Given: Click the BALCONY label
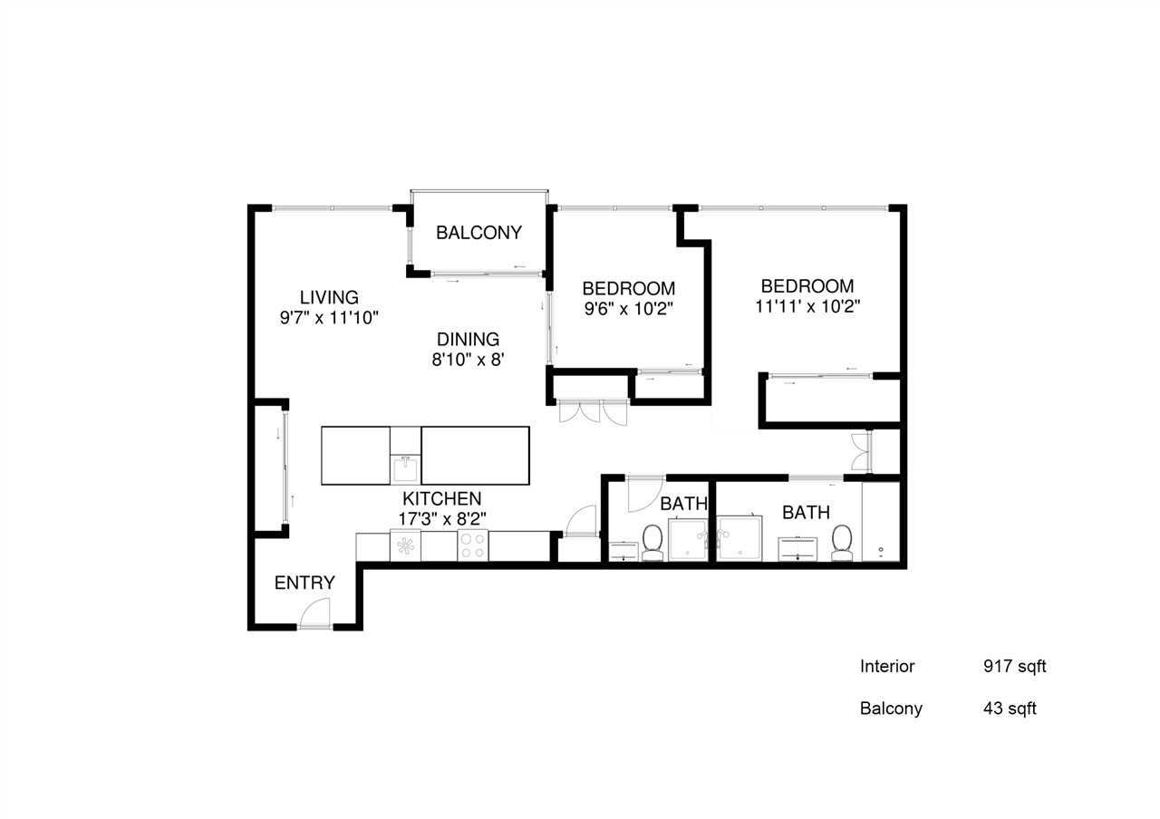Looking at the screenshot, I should [x=478, y=233].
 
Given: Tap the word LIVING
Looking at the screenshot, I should [x=329, y=297].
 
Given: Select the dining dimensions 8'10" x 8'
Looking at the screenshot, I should [x=468, y=359].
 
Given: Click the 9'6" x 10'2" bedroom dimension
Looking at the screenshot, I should [x=628, y=308].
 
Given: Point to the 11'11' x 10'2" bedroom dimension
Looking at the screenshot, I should [x=807, y=305].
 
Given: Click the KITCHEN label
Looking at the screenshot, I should [x=442, y=498].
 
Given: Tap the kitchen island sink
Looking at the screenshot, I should [x=405, y=469].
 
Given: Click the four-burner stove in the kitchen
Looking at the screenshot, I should [x=472, y=545].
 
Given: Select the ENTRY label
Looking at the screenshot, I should [x=304, y=583].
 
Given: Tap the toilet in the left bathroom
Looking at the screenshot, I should [x=652, y=543].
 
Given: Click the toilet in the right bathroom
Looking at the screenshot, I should [x=842, y=542].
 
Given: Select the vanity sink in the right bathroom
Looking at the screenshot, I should [x=798, y=548].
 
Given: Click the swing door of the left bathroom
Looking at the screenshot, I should [x=646, y=492].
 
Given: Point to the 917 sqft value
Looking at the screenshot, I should [x=1014, y=667].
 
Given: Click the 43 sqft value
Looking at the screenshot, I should [x=1010, y=708].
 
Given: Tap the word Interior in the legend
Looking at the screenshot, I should [x=887, y=667].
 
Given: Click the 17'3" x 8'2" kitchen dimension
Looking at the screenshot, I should [x=442, y=519].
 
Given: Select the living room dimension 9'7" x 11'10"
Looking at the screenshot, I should [x=329, y=317].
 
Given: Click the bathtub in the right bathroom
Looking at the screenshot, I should [x=881, y=523].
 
